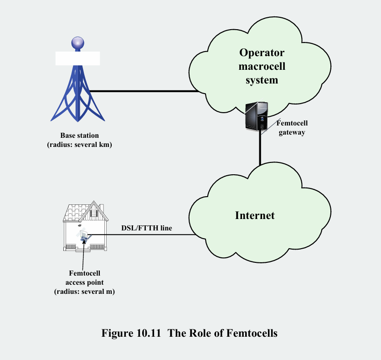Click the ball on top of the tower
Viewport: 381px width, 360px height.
(x=77, y=44)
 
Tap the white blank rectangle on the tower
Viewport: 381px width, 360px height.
(x=77, y=58)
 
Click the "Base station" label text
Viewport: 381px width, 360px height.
(x=79, y=136)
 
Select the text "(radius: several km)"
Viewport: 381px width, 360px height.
(x=79, y=145)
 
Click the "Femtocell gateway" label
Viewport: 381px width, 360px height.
(x=292, y=128)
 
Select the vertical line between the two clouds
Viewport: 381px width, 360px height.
(x=260, y=151)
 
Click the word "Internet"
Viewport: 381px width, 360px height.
(x=255, y=215)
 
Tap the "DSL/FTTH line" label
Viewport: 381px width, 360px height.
(x=147, y=228)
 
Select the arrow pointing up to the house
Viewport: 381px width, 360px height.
(x=83, y=256)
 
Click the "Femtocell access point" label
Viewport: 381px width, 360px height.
(x=84, y=278)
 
